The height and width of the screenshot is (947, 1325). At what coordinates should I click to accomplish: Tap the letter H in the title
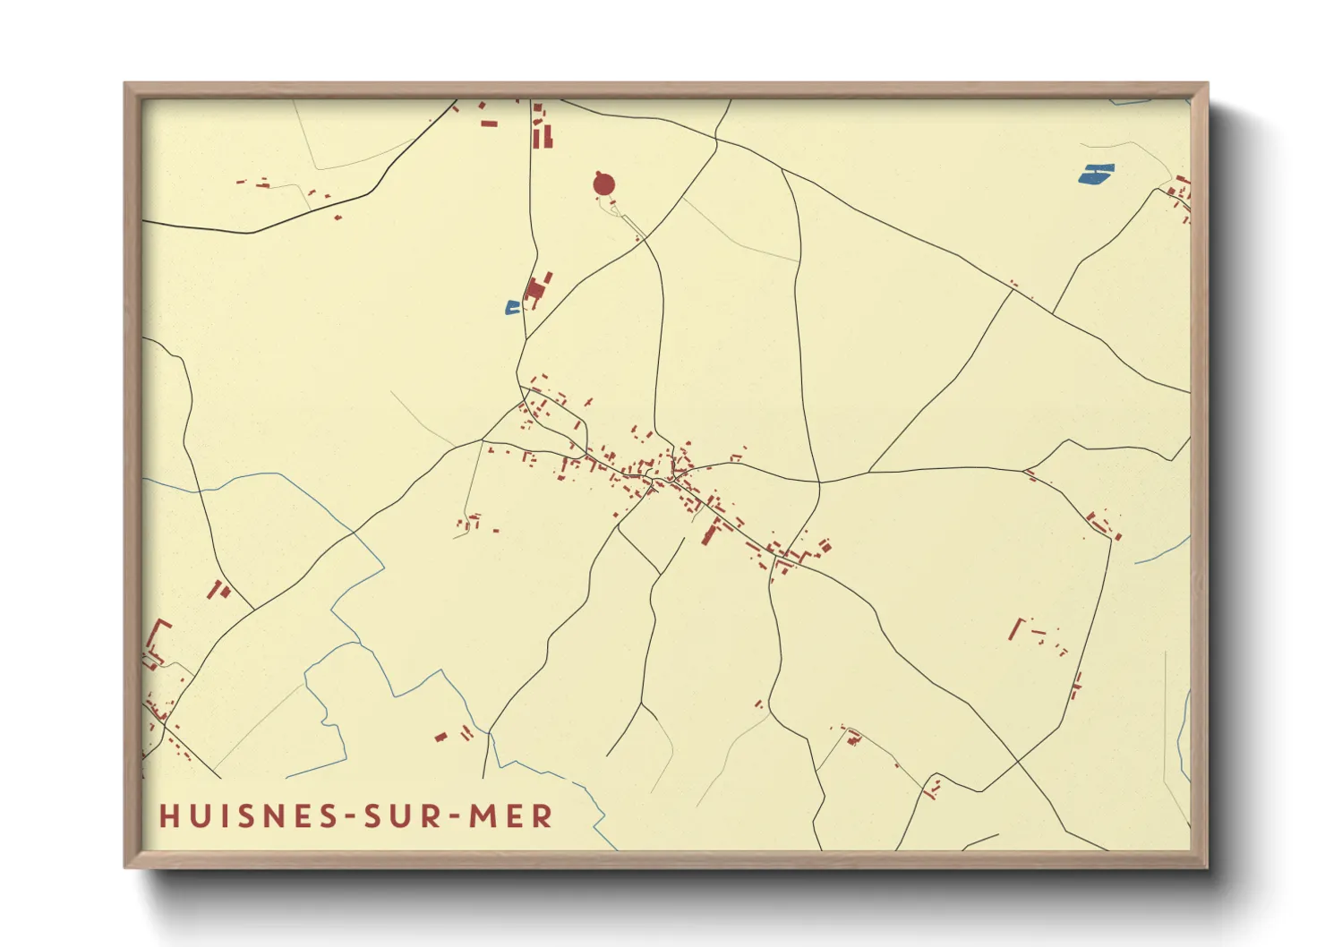(x=167, y=815)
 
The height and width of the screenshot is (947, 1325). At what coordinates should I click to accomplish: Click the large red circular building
(x=604, y=185)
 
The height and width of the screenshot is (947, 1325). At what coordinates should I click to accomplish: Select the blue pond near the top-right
(x=1096, y=174)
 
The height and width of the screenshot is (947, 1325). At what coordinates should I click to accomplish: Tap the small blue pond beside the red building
(x=512, y=308)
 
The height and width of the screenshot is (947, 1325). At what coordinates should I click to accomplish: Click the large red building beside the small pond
(x=535, y=289)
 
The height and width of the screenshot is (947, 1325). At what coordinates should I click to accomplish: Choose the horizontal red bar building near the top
(x=489, y=124)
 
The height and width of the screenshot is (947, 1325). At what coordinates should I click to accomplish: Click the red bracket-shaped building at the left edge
(x=158, y=637)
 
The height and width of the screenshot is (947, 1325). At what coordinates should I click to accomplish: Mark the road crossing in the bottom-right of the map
(x=1018, y=762)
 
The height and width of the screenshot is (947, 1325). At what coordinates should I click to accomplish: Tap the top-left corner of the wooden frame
(x=126, y=85)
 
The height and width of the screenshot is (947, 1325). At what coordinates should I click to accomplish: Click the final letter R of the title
(x=543, y=815)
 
